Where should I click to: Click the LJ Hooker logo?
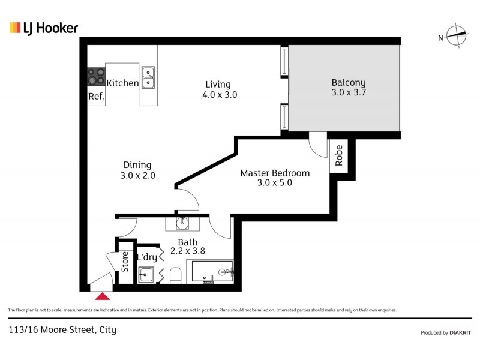tap(44, 28)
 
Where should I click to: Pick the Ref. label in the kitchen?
tap(96, 97)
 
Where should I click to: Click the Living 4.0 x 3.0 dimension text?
tap(218, 95)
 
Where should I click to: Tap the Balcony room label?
tap(348, 83)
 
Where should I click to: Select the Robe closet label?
tap(339, 155)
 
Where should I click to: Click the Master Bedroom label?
tap(275, 173)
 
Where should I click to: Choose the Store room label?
tap(125, 262)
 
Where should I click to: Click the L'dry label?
tap(147, 257)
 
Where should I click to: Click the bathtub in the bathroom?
tap(209, 272)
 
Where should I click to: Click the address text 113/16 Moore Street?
tap(62, 329)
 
